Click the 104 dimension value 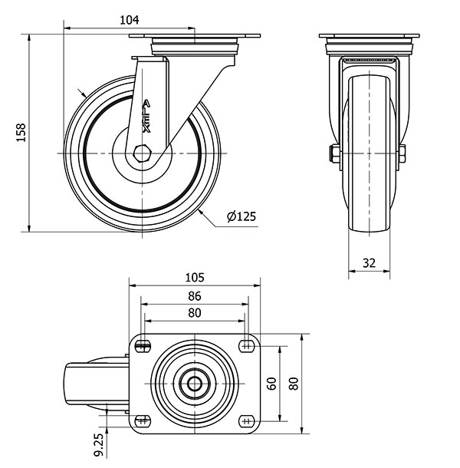[129, 20]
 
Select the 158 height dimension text [21, 133]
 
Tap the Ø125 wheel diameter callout [242, 216]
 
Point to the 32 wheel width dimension [369, 263]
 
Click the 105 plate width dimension [195, 278]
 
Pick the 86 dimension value [195, 296]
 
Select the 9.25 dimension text [99, 445]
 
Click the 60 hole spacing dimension [271, 384]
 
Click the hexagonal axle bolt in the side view [143, 153]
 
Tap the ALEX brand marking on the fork [146, 117]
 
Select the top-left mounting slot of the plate [143, 346]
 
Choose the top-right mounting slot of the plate [247, 346]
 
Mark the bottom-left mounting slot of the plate [143, 421]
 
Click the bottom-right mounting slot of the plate [247, 421]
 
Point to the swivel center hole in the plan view [195, 384]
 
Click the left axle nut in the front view [334, 153]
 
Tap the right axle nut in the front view [402, 153]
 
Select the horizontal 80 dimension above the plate [195, 313]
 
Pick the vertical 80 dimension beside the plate [294, 384]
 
